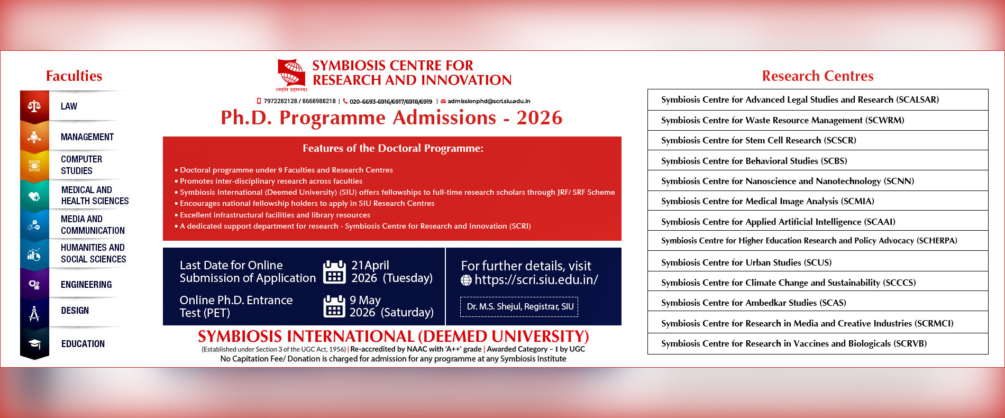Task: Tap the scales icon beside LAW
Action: coord(34,106)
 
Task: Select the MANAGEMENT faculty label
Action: coord(87,137)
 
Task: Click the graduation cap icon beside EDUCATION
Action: coord(34,344)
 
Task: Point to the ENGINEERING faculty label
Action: coord(86,285)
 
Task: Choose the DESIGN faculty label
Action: coord(75,311)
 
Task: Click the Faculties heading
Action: coord(74,76)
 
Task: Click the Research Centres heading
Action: coord(817,76)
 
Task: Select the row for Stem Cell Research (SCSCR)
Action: coord(817,140)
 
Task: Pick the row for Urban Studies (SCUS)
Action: coord(817,262)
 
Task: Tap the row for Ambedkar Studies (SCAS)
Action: coord(817,303)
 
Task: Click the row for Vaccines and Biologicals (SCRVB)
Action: coord(817,343)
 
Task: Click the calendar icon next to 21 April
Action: coord(334,271)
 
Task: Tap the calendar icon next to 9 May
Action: coord(334,306)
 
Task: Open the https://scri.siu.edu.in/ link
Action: coord(536,280)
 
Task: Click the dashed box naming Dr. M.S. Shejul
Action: coord(519,306)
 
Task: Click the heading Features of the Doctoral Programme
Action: coord(392,148)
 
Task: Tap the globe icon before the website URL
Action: coord(466,280)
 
